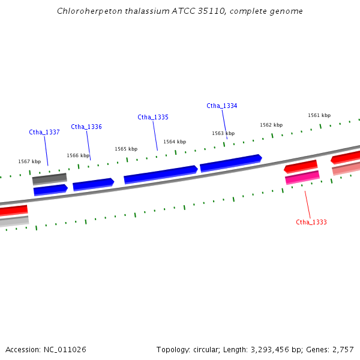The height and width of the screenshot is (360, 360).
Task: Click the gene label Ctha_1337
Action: (44, 132)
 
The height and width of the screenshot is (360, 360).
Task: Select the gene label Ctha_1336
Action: (86, 127)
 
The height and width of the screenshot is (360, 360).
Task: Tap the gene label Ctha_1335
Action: (153, 117)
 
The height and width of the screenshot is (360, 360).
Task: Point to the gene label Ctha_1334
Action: (222, 106)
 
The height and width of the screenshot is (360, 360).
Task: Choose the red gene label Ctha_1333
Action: (311, 222)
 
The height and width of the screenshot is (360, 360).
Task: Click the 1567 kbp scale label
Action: (29, 161)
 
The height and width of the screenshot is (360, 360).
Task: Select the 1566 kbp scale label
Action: (78, 155)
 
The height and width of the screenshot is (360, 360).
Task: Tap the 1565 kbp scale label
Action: (126, 149)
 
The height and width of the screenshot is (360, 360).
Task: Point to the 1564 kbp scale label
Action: (175, 142)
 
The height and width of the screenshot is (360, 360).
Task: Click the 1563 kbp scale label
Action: (223, 133)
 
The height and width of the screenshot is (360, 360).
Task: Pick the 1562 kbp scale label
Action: (271, 125)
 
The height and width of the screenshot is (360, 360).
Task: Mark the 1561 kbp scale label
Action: (319, 115)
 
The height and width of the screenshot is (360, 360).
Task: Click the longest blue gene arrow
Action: (161, 174)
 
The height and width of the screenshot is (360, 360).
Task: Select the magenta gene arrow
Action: (302, 178)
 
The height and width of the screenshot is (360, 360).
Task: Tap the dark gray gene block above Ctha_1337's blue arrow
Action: (49, 179)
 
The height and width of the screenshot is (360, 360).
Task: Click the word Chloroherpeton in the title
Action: (85, 11)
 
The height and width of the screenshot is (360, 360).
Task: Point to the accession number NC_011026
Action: (65, 349)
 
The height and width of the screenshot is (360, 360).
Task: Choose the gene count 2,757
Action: (343, 349)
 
